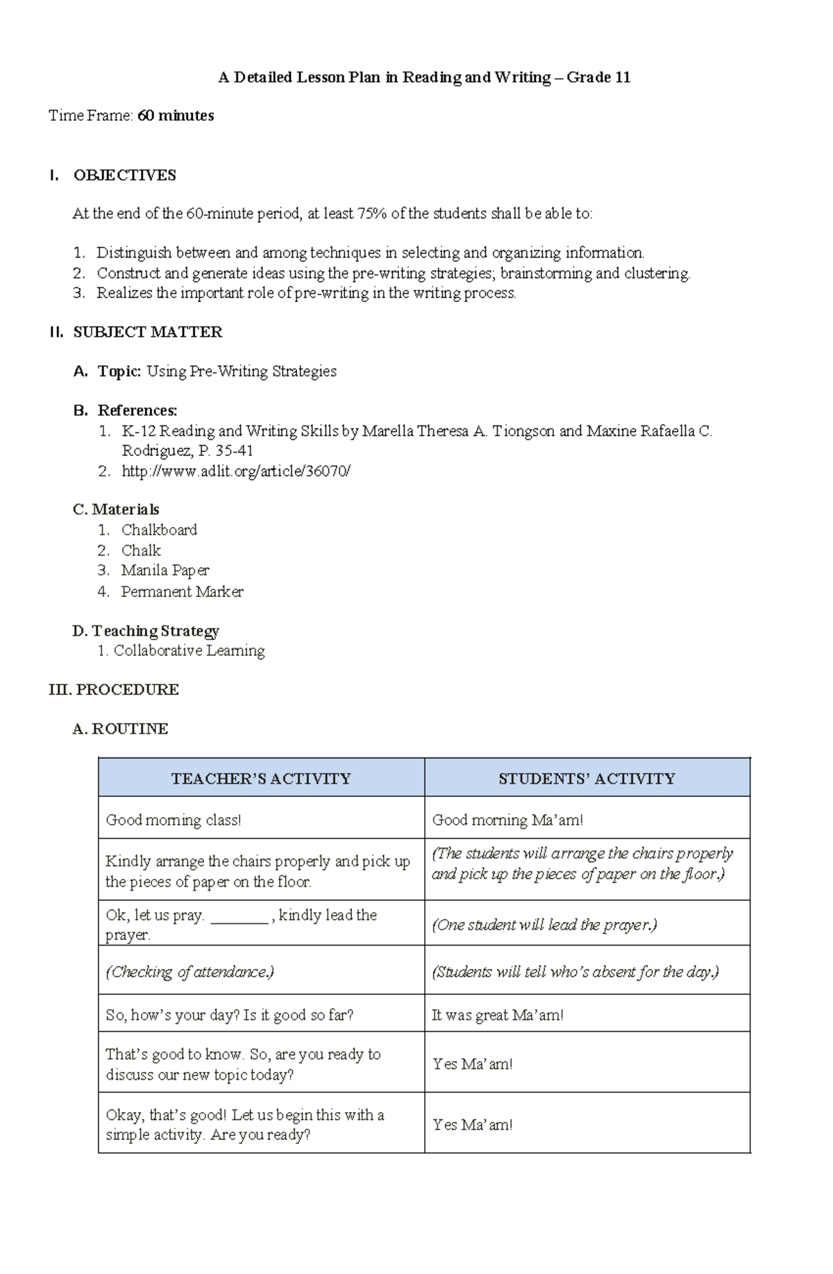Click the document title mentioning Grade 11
424,77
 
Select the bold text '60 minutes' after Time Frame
176,116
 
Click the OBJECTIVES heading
124,175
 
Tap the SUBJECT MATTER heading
147,333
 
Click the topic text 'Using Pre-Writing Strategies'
242,371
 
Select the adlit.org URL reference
236,471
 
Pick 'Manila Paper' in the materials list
165,571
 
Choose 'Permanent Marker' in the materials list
182,592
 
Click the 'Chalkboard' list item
159,530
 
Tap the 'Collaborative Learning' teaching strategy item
189,651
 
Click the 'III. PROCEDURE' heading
114,689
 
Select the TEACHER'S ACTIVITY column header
261,778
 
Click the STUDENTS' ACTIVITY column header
587,778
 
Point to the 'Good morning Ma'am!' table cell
507,820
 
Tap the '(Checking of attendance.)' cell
190,972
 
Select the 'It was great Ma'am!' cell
498,1015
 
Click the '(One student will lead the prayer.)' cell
544,925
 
